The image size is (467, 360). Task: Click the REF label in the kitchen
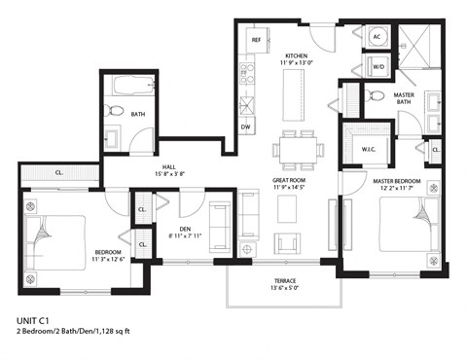pos(257,41)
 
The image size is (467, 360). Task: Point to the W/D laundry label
pos(378,67)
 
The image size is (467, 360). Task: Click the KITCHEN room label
pos(297,55)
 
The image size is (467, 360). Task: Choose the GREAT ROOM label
pos(291,181)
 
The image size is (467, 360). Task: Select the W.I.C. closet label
pos(368,149)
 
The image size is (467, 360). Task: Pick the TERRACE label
pos(285,279)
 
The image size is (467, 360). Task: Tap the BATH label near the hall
pos(139,114)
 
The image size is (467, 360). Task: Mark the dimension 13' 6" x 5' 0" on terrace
pos(285,288)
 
